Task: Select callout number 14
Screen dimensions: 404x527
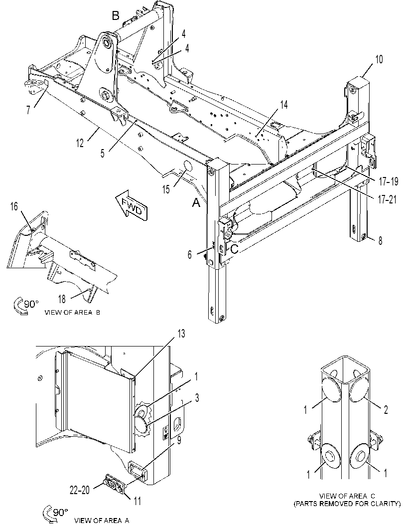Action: point(284,105)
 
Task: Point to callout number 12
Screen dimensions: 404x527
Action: point(80,143)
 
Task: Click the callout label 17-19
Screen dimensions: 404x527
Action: point(389,182)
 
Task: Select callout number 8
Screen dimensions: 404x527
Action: point(380,241)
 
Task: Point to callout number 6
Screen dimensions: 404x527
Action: point(190,255)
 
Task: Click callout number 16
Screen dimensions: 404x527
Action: point(14,206)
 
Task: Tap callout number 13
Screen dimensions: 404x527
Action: point(181,334)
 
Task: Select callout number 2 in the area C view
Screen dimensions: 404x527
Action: point(386,410)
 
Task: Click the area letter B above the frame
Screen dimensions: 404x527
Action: point(115,15)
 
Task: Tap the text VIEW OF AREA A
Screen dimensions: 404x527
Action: point(102,521)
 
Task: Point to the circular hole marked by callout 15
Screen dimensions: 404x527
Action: point(187,167)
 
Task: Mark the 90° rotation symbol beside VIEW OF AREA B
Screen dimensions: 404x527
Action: point(25,306)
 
